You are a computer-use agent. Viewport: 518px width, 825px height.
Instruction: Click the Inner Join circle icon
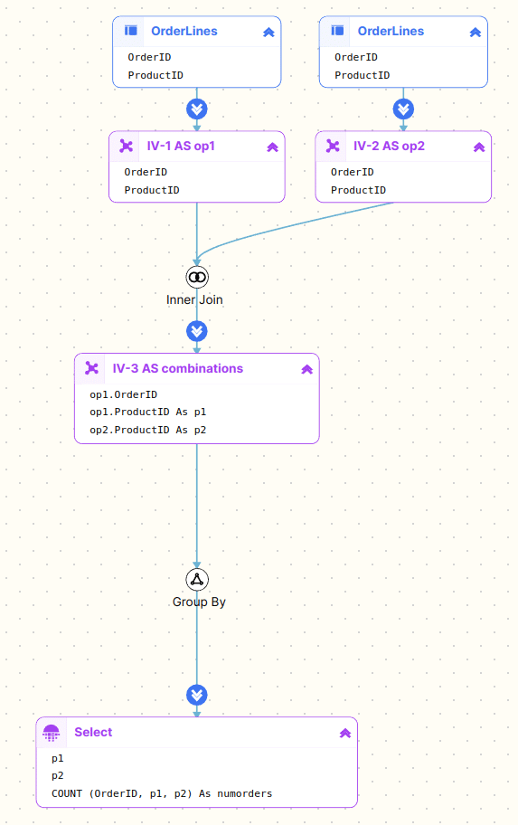coord(197,278)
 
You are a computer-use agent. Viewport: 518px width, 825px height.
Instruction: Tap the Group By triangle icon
coord(197,579)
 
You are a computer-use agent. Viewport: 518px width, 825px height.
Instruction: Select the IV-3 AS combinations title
coord(178,368)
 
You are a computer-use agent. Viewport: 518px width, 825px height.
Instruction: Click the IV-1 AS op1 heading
coord(181,146)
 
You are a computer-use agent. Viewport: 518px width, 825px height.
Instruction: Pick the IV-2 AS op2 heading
coord(389,146)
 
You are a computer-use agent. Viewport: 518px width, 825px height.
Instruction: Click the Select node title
coord(93,732)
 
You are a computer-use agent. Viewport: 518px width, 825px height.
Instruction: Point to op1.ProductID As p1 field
coord(147,412)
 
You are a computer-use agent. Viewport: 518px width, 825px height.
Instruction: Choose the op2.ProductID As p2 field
coord(147,430)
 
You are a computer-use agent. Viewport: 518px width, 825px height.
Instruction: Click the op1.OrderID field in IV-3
coord(124,394)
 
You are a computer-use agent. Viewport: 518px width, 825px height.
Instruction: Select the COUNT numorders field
coord(162,793)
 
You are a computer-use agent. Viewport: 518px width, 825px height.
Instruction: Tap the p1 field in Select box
coord(57,758)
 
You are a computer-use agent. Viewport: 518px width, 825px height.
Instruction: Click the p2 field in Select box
coord(57,775)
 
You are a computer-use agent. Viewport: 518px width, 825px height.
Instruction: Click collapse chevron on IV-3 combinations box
coord(307,369)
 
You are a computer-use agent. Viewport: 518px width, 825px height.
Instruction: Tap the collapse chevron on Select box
coord(345,733)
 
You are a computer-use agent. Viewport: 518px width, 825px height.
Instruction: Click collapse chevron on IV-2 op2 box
coord(479,147)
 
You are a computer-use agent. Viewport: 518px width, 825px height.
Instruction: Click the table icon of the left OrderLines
coord(131,31)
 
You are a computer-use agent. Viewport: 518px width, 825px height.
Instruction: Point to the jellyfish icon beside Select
coord(51,733)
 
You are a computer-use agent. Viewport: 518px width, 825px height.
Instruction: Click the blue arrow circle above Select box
coord(197,695)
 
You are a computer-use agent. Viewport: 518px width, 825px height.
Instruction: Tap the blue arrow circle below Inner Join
coord(197,331)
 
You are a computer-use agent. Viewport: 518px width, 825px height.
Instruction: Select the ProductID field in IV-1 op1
coord(152,190)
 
